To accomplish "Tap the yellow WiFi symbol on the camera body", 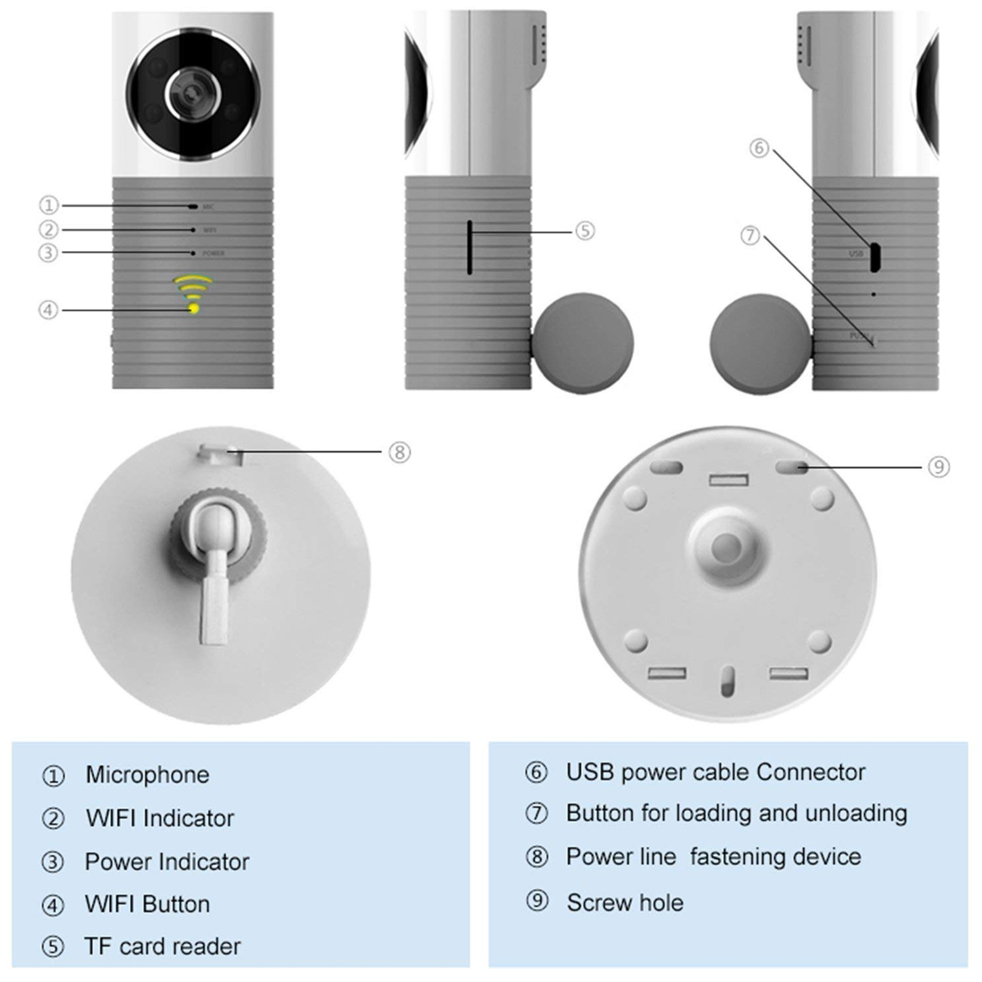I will point(193,295).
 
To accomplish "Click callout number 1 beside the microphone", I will point(48,205).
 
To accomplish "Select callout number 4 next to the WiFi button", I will point(48,310).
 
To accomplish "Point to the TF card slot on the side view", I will point(470,247).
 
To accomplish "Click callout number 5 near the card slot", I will point(585,231).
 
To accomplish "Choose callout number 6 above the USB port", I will point(759,148).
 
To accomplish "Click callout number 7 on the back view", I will point(750,236).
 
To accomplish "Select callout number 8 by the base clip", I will point(400,453).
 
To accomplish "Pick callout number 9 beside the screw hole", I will point(938,467).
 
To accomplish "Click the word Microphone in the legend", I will point(147,775).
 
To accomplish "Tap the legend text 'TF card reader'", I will point(162,946).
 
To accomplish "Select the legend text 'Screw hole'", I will point(625,903).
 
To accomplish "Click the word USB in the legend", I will point(589,772).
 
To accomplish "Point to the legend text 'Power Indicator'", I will point(167,862).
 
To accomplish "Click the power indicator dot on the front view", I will point(193,253).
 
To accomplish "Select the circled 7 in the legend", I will point(536,813).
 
